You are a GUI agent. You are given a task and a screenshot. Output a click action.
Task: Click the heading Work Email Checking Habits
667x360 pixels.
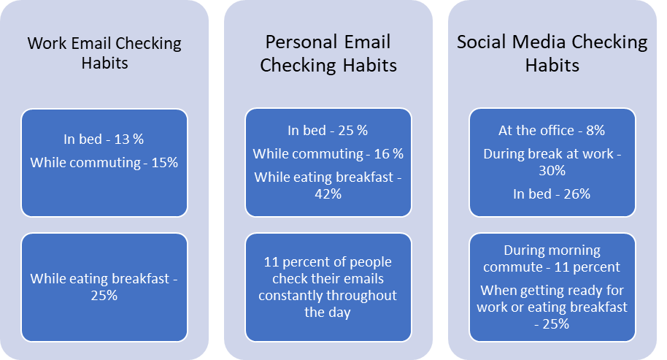(104, 53)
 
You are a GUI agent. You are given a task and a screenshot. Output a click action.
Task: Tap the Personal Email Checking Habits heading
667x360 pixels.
(328, 53)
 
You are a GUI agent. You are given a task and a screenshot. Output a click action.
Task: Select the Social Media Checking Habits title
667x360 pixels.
(552, 53)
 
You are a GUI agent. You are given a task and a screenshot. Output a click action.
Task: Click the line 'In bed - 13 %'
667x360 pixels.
(104, 139)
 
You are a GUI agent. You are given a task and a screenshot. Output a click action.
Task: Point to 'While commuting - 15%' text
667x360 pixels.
(104, 163)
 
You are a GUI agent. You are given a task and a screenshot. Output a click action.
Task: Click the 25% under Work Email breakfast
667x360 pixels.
(104, 295)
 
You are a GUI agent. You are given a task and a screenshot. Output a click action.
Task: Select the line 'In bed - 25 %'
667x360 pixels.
(328, 130)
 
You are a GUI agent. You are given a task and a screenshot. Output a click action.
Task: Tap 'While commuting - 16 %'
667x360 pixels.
(328, 153)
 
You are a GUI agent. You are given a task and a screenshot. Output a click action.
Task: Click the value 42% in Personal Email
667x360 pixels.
(328, 194)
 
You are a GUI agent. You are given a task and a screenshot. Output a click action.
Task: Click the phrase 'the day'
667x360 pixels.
(328, 313)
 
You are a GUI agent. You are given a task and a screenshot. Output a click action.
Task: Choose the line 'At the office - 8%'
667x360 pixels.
(552, 130)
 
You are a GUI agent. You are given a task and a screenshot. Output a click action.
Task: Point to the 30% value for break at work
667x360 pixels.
(552, 171)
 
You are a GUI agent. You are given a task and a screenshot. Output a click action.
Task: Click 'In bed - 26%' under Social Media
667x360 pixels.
(552, 194)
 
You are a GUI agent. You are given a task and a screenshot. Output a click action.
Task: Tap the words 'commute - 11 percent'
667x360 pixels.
(552, 267)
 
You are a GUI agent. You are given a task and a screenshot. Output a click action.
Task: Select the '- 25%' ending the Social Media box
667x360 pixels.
(552, 324)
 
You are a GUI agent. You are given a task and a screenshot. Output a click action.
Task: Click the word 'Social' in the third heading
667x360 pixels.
(482, 42)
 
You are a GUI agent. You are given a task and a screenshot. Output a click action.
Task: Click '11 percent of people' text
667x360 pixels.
(328, 261)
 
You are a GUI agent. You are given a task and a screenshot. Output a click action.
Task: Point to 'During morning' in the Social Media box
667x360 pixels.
(552, 250)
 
